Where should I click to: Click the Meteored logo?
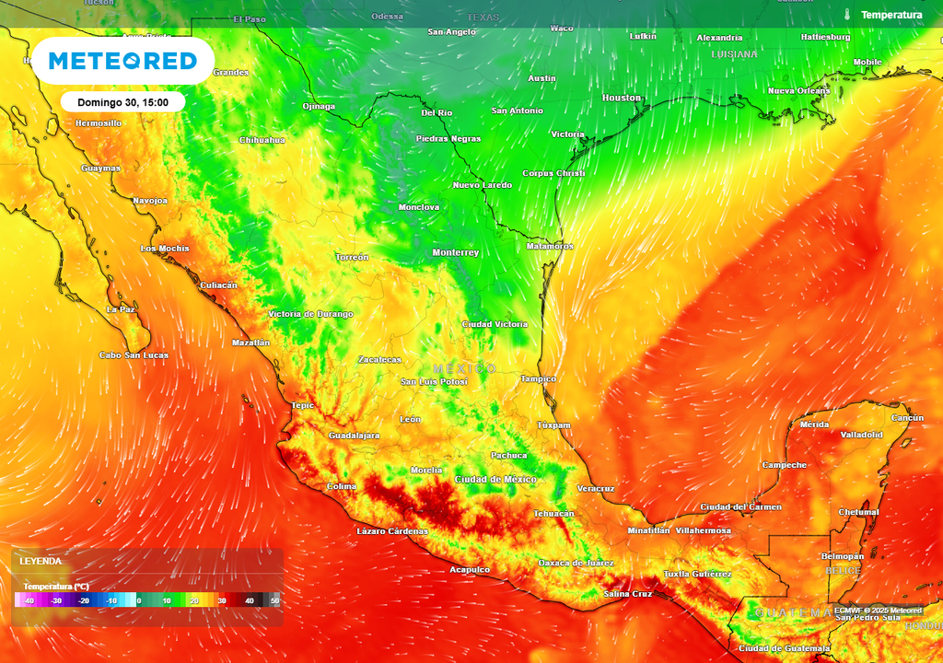pos(122,61)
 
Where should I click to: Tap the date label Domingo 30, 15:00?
pos(122,102)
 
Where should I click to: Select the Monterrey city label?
pos(456,252)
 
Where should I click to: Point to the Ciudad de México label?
pos(495,480)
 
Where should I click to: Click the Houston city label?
pos(622,98)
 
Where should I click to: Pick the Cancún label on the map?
pos(908,418)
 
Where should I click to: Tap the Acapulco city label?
pos(469,570)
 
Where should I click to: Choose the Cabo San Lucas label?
pos(134,355)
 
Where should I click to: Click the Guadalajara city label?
pos(355,436)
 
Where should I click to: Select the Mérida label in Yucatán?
pos(814,425)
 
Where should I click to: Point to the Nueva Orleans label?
pos(799,91)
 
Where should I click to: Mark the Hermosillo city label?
pos(98,123)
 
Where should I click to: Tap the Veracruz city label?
pos(595,488)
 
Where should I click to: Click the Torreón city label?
pos(352,257)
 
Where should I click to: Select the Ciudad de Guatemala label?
pos(778,648)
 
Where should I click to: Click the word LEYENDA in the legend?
pos(41,561)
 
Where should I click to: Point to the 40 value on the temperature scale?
pos(249,600)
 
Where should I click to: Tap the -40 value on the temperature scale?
pos(29,600)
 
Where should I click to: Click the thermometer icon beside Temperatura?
pos(845,15)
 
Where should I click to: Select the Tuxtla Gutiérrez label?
pos(697,574)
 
